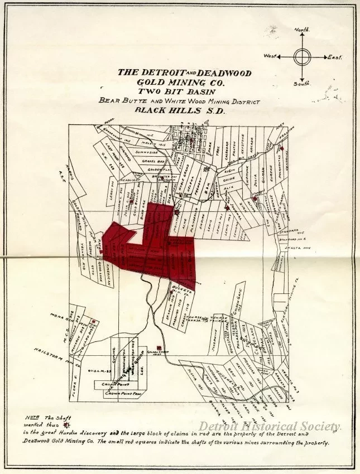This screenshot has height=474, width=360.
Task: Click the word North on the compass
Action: point(301,28)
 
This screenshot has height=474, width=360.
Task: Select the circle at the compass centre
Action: point(302,56)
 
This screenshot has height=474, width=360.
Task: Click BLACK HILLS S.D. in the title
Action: point(182,110)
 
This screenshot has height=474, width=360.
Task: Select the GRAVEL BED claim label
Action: point(152,161)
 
